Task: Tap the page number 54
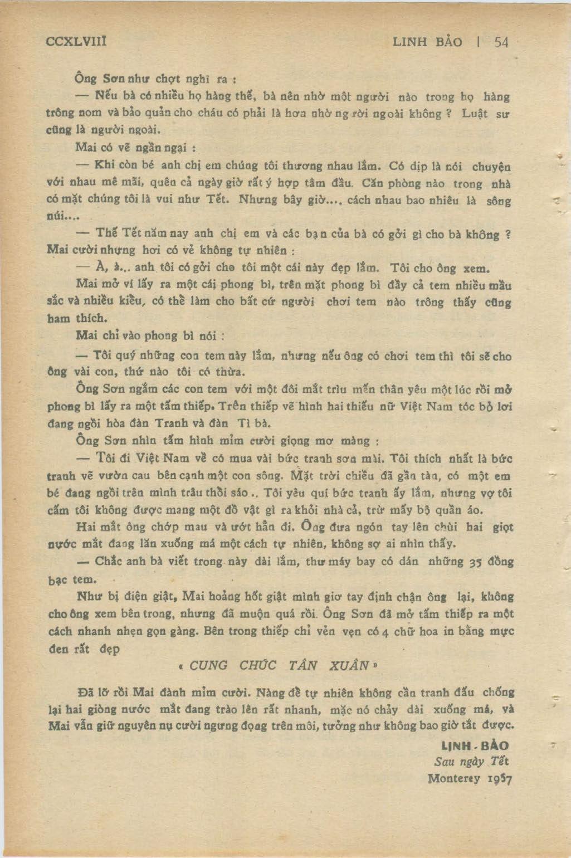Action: pos(501,42)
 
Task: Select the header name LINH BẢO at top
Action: pos(427,42)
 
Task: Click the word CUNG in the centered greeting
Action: pos(208,665)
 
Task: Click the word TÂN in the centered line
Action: pos(303,665)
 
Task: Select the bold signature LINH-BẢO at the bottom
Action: pos(475,746)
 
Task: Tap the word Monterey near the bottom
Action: pos(453,778)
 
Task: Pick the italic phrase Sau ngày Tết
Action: pos(471,762)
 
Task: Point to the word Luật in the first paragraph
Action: pos(475,114)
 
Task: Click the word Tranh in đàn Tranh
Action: pos(167,423)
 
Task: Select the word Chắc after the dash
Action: pos(107,561)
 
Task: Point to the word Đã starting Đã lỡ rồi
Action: pos(87,693)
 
